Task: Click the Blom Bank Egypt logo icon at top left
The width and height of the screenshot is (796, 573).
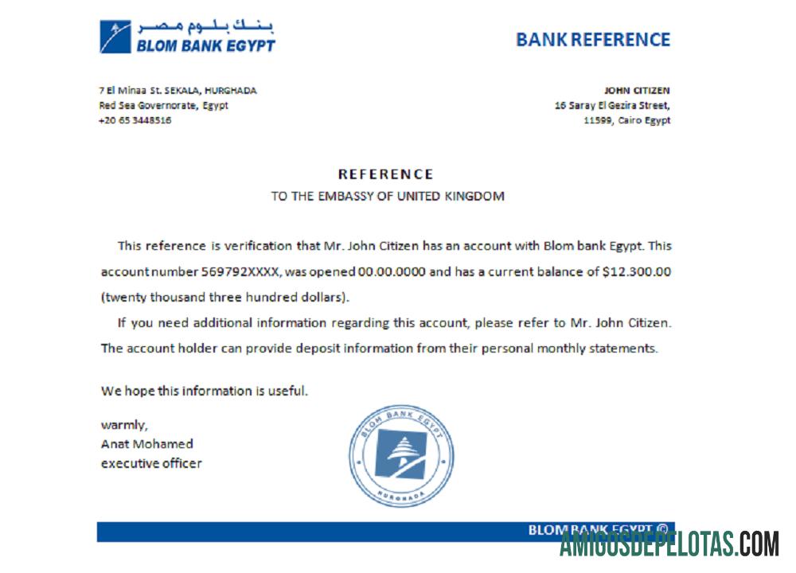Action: (115, 37)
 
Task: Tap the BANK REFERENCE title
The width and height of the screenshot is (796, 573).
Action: (593, 39)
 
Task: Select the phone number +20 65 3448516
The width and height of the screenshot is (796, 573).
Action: (135, 120)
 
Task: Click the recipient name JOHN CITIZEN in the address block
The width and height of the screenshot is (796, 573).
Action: (637, 91)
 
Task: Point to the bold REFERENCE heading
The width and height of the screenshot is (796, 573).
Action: (386, 174)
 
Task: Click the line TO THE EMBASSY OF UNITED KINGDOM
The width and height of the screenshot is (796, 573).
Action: (387, 196)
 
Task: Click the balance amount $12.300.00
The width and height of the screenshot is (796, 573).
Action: (637, 271)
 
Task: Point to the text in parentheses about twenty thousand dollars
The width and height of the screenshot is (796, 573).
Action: (225, 297)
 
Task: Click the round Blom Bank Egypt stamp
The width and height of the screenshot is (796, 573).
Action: (402, 455)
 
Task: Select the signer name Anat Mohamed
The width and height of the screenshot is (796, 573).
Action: (146, 443)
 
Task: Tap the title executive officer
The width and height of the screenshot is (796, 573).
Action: (151, 463)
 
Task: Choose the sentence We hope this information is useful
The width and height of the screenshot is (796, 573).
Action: (204, 391)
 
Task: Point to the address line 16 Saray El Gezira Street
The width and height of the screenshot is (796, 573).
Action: (612, 105)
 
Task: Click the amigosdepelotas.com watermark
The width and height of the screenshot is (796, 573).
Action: (669, 544)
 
